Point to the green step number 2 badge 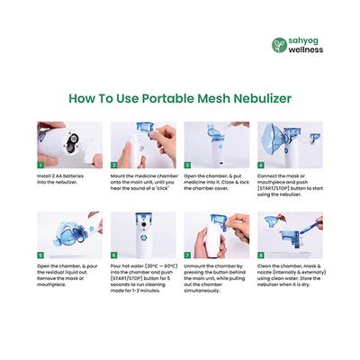pyautogui.click(x=114, y=166)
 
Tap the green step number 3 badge pyautogui.click(x=187, y=166)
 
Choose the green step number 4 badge pyautogui.click(x=261, y=166)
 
